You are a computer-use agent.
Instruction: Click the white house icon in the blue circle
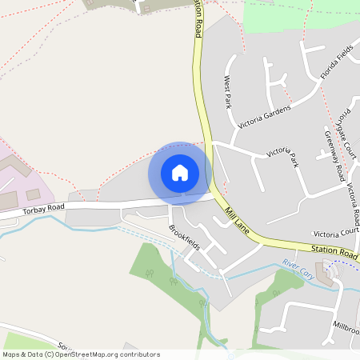pos(180,172)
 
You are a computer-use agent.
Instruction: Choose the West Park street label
pos(227,92)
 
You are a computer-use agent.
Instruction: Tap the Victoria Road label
pos(353,204)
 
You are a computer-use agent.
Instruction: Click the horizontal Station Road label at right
pos(335,252)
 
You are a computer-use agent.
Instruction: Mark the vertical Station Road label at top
pos(196,20)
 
